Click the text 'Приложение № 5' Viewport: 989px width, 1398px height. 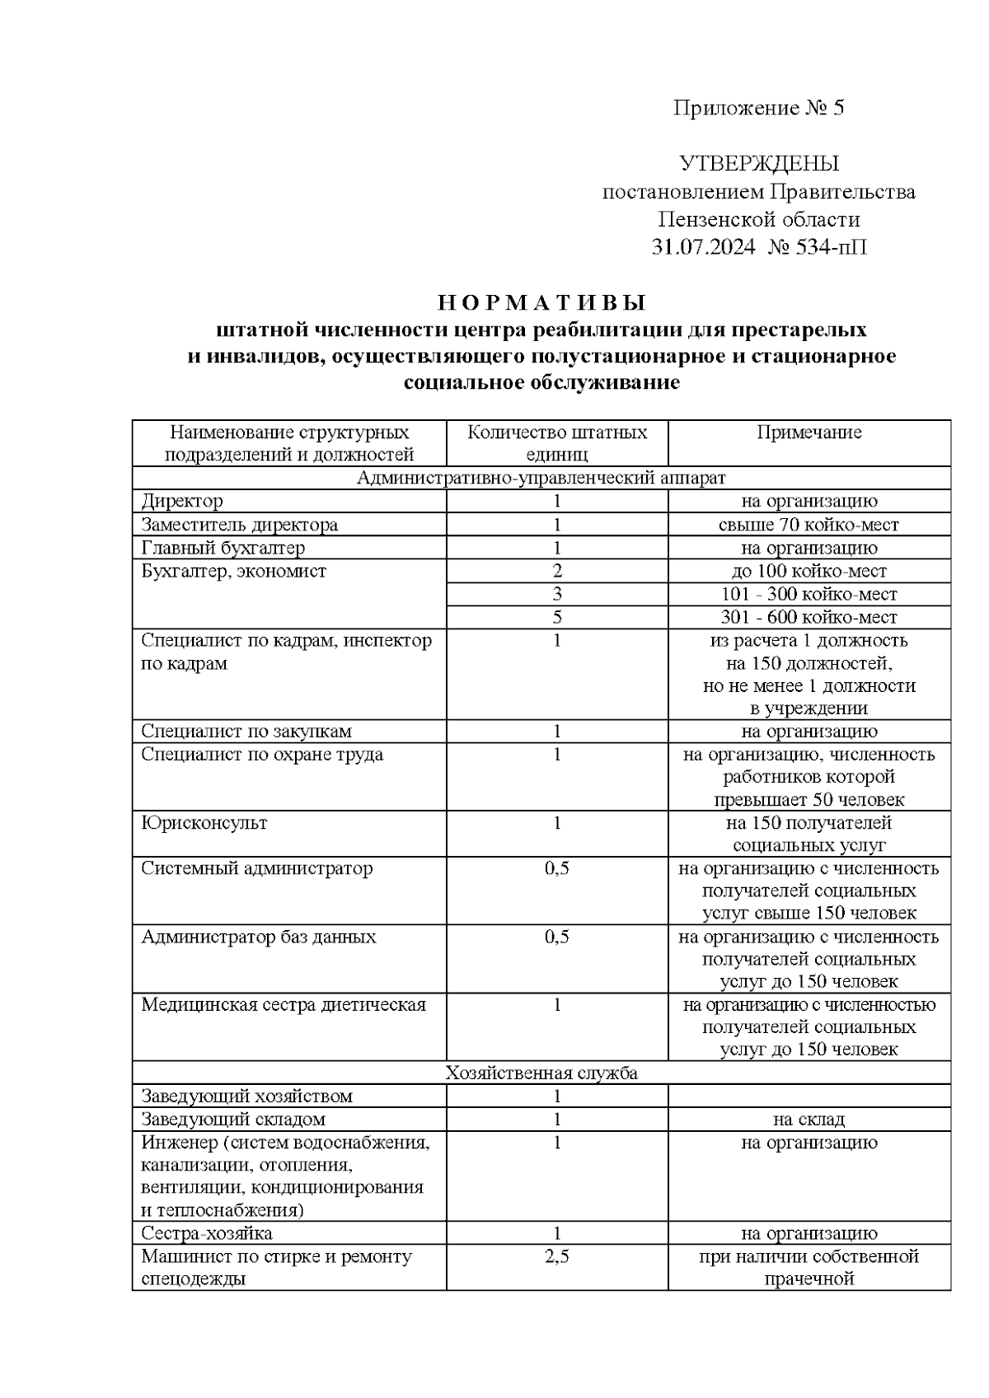tap(758, 108)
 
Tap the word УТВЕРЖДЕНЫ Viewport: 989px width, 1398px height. tap(758, 163)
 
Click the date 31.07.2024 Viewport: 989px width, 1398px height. tap(702, 247)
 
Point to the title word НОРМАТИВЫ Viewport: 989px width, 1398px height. tap(541, 302)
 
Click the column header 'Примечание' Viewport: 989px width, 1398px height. tap(809, 432)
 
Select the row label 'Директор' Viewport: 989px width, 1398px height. tap(182, 501)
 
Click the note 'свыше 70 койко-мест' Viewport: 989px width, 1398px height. tap(809, 525)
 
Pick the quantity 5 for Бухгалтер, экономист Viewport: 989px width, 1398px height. tap(557, 617)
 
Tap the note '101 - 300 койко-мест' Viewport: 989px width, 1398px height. tap(809, 594)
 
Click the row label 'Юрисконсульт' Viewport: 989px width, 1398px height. tap(204, 823)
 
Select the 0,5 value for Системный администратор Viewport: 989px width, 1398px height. tap(557, 868)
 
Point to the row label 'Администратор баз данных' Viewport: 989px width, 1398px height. tap(259, 937)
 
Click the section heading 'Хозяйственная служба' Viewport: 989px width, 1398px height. tap(541, 1073)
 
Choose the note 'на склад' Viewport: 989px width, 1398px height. tap(809, 1119)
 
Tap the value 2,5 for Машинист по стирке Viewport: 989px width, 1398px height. tap(557, 1256)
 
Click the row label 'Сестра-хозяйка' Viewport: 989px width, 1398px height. tap(207, 1233)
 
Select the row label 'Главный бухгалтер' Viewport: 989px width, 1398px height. tap(223, 548)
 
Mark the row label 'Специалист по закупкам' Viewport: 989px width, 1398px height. tap(246, 732)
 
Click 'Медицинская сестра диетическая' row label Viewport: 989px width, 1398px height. tap(284, 1005)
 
